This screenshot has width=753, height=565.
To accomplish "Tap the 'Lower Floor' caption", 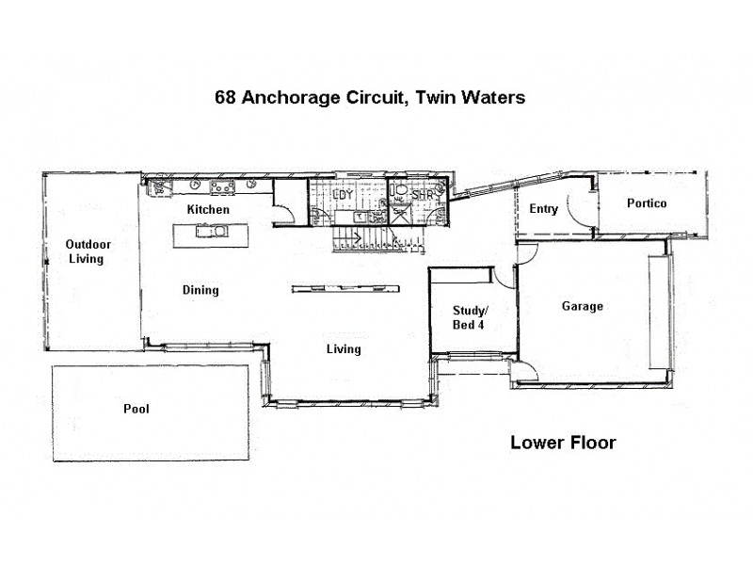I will click(563, 443).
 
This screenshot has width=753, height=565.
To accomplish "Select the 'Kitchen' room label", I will click(208, 209).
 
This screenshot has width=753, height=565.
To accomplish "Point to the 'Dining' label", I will click(200, 290).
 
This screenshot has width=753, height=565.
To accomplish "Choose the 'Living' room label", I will click(343, 349).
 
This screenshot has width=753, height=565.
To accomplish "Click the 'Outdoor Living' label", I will click(84, 251).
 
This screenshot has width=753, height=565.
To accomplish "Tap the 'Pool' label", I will click(136, 409).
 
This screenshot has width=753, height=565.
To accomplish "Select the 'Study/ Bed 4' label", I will click(470, 317).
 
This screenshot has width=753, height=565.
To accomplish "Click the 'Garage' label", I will click(582, 306).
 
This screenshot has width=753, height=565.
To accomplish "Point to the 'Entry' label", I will click(544, 209).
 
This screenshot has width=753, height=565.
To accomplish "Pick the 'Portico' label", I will click(647, 203).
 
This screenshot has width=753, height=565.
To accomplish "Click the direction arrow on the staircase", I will click(359, 234).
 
